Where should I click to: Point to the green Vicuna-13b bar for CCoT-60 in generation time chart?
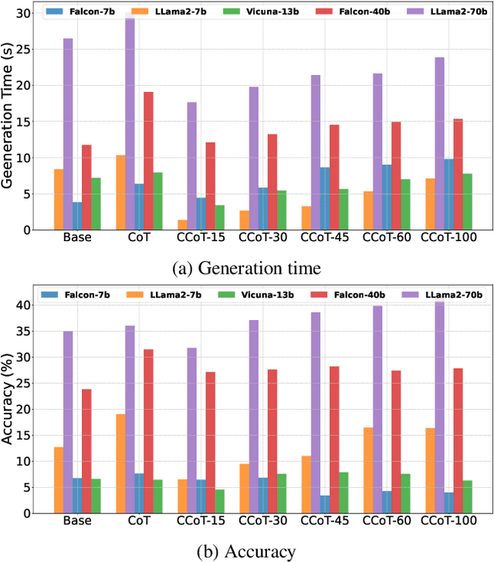click(x=405, y=204)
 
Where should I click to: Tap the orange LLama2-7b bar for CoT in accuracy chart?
click(x=120, y=463)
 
